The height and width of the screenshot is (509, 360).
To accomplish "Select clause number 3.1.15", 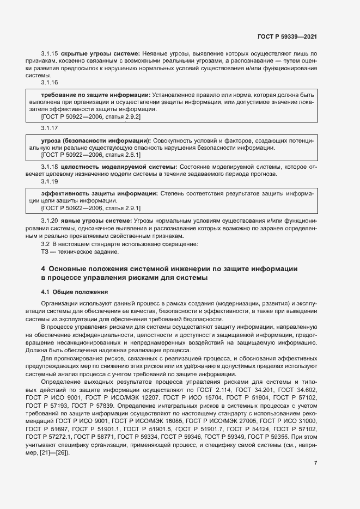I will pos(50,54).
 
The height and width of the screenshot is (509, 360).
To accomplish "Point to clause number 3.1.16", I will pos(50,82).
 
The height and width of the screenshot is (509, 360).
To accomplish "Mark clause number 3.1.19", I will pos(50,181).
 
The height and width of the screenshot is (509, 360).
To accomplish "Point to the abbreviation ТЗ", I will pos(45,252).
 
